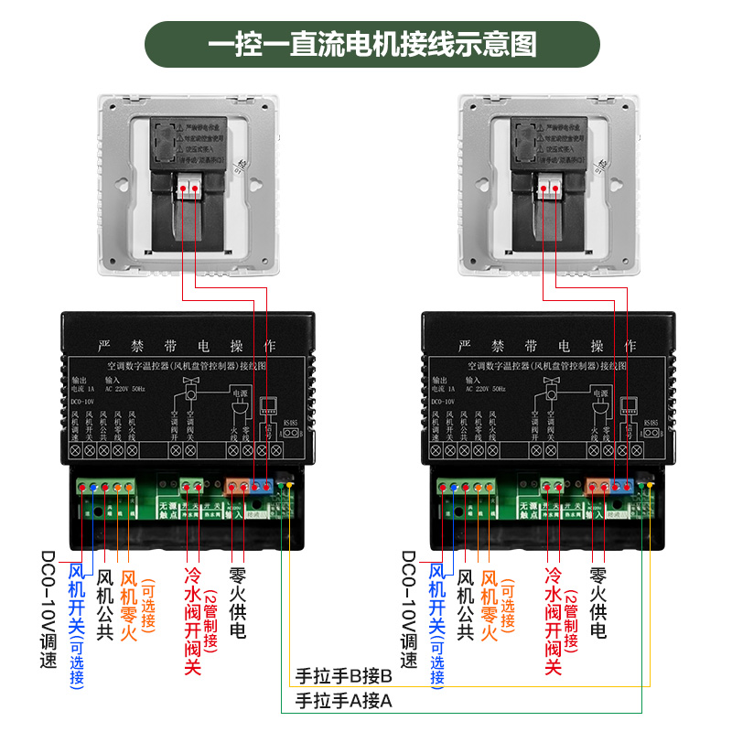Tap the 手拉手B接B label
click(344, 678)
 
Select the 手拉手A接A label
click(344, 701)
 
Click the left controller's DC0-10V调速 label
click(49, 608)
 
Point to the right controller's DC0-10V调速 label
click(409, 608)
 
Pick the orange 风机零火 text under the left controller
click(128, 604)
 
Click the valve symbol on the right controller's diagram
click(552, 389)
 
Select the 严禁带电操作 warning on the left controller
click(186, 346)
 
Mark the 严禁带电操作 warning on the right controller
click(546, 346)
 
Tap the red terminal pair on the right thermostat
click(551, 188)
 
